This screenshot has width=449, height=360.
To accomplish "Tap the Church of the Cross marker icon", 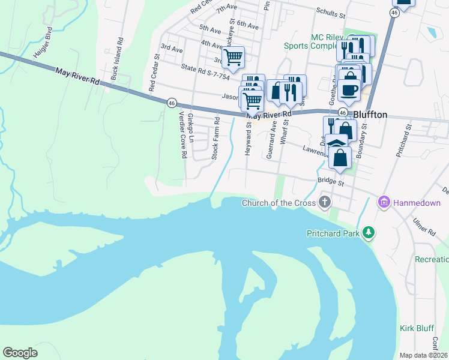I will click(x=325, y=202).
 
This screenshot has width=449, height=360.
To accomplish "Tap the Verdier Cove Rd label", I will click(x=179, y=136).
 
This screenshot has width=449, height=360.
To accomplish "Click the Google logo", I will click(x=20, y=353).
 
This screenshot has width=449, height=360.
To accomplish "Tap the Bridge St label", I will click(x=331, y=181).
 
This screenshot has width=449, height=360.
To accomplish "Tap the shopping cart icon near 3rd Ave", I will click(x=233, y=58).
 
